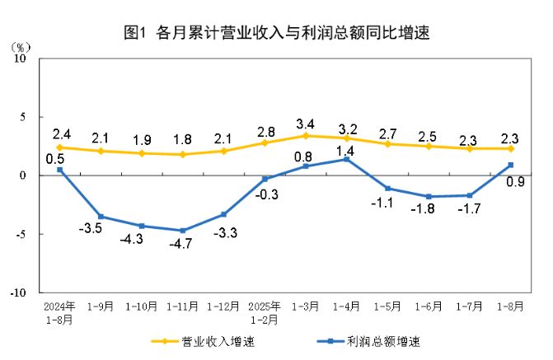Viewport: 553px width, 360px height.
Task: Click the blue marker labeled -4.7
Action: [182, 231]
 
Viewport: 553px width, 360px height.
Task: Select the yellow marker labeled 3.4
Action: [306, 136]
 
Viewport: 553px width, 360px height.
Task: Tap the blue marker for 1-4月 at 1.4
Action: [347, 159]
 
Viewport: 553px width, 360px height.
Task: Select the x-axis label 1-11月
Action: [182, 306]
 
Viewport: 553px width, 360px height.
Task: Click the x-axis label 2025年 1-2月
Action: [265, 311]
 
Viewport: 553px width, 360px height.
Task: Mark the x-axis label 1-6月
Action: [429, 306]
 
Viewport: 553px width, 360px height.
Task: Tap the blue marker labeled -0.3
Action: [265, 179]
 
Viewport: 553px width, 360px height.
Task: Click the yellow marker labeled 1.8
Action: [182, 154]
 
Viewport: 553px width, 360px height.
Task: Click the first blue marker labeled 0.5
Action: [59, 170]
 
